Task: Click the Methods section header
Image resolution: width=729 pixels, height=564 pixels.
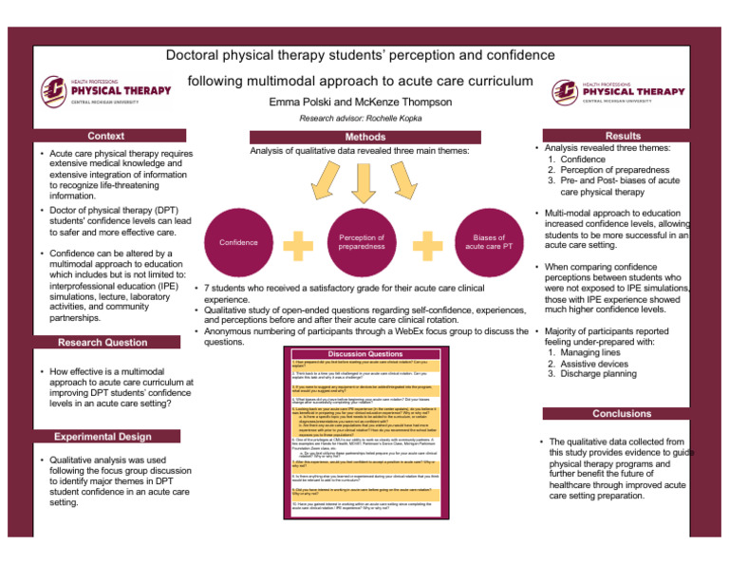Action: click(x=364, y=138)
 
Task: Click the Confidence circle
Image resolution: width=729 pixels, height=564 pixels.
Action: click(x=237, y=242)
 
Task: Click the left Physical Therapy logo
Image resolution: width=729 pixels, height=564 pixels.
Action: click(x=106, y=92)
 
